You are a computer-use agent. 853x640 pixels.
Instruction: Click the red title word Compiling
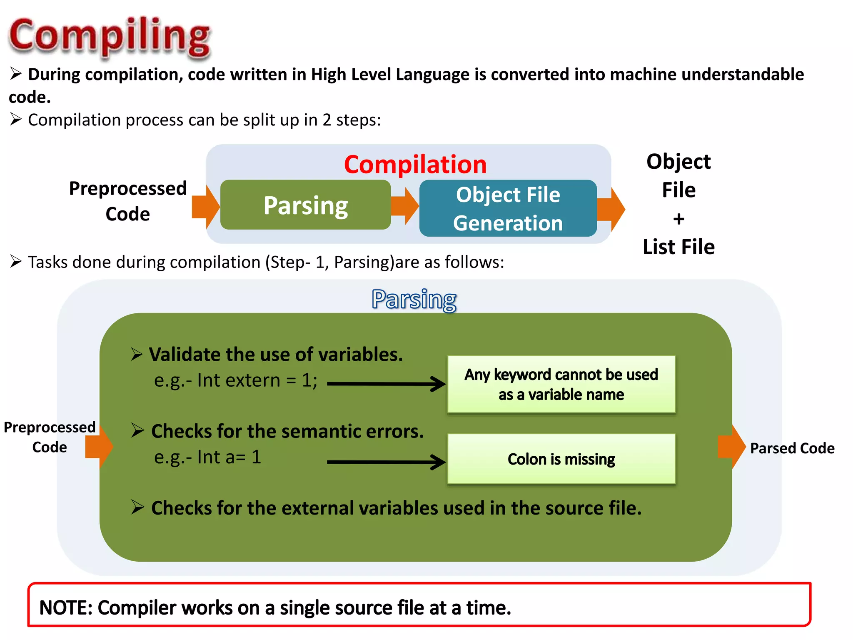tap(110, 35)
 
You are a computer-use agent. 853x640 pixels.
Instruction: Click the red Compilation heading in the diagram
tap(415, 164)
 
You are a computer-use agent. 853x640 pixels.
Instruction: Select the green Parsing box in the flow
tap(305, 205)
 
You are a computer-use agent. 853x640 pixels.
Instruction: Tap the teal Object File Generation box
tap(508, 208)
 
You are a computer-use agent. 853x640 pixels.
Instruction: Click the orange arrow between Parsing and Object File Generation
tap(405, 205)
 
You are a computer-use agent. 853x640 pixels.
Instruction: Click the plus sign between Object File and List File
tap(678, 219)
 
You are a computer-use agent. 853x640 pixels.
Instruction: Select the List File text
tap(678, 247)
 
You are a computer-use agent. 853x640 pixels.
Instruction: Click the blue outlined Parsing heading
tap(414, 299)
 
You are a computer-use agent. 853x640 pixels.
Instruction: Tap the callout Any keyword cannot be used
tap(561, 384)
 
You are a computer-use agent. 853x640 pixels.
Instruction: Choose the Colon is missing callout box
tap(561, 459)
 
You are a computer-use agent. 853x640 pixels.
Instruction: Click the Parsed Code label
tap(792, 448)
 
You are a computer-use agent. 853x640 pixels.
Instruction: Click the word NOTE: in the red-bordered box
tap(66, 608)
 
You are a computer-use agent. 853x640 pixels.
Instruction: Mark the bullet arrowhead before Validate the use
tap(137, 354)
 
